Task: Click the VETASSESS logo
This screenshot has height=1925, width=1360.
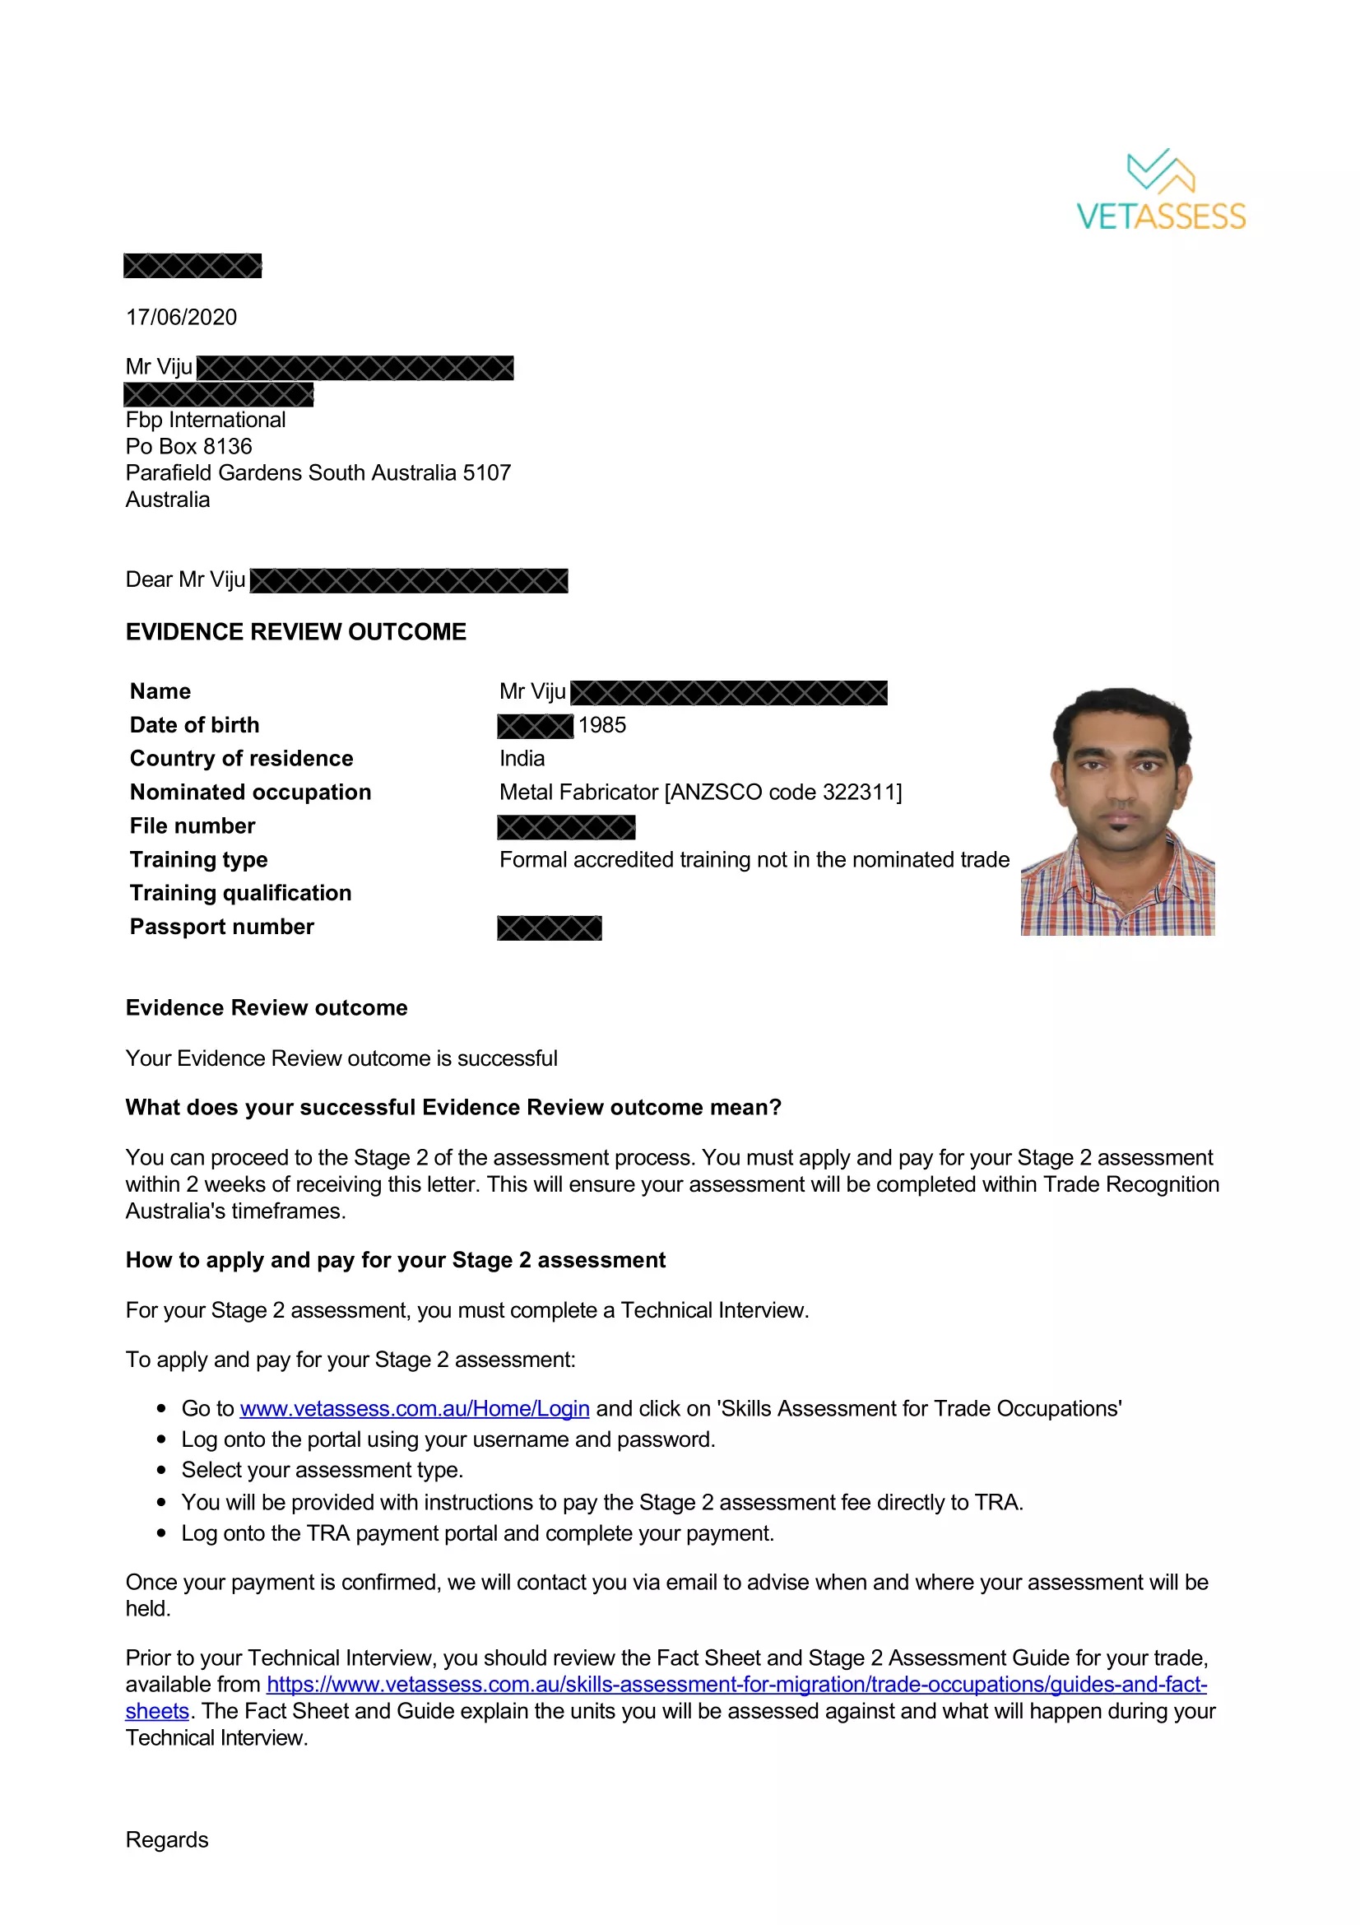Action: point(1161,190)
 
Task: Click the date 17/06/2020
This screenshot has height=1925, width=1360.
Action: point(181,317)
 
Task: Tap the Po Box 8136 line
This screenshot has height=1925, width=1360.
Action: point(188,446)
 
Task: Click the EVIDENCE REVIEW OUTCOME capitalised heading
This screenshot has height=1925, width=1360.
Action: point(296,632)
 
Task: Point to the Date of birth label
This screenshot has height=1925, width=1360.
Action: point(194,725)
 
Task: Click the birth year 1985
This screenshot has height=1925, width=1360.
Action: point(601,725)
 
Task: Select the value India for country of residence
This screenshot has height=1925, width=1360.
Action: point(522,759)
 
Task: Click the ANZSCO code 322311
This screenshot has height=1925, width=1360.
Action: point(860,793)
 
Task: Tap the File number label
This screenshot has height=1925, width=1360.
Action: point(193,825)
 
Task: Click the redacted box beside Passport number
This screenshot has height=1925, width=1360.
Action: point(549,928)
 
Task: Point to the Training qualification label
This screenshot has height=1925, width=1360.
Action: point(240,893)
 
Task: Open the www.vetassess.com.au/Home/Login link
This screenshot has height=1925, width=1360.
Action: point(415,1408)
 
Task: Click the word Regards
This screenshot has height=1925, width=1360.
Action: point(167,1839)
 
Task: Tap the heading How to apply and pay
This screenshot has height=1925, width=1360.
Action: point(396,1260)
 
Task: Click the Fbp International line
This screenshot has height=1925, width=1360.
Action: point(206,419)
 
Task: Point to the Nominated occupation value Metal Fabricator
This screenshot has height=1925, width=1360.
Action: point(579,793)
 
